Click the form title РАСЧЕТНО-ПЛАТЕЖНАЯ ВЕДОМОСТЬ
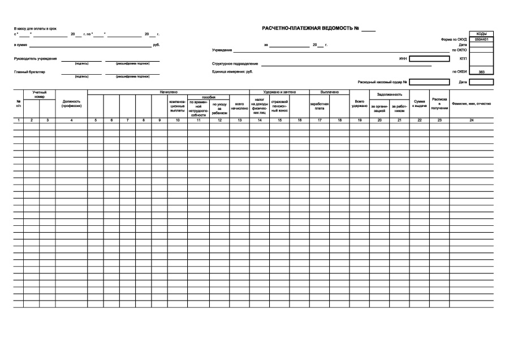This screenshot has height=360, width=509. click(x=310, y=28)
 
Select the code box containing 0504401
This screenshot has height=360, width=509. click(x=481, y=39)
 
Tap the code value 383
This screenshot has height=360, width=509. click(x=481, y=72)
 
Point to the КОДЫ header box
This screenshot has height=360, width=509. click(x=481, y=34)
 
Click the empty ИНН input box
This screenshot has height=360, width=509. click(x=429, y=58)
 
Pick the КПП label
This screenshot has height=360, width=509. click(x=464, y=58)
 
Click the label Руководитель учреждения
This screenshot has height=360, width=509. click(x=36, y=59)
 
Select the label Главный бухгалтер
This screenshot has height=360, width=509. click(x=29, y=72)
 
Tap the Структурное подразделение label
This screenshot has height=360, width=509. click(x=235, y=64)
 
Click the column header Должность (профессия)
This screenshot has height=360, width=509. click(x=72, y=104)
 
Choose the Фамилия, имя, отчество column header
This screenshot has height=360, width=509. click(x=471, y=104)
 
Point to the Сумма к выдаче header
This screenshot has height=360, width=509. click(x=420, y=104)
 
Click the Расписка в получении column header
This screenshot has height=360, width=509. click(x=439, y=104)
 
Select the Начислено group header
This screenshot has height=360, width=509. click(x=169, y=91)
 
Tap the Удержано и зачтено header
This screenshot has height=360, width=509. click(x=279, y=91)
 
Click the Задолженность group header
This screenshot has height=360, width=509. click(x=390, y=94)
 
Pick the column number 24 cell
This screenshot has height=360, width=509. click(x=471, y=120)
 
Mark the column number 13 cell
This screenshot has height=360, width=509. click(x=239, y=120)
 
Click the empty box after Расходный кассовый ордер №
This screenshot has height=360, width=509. click(x=429, y=82)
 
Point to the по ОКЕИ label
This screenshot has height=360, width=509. click(x=459, y=72)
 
